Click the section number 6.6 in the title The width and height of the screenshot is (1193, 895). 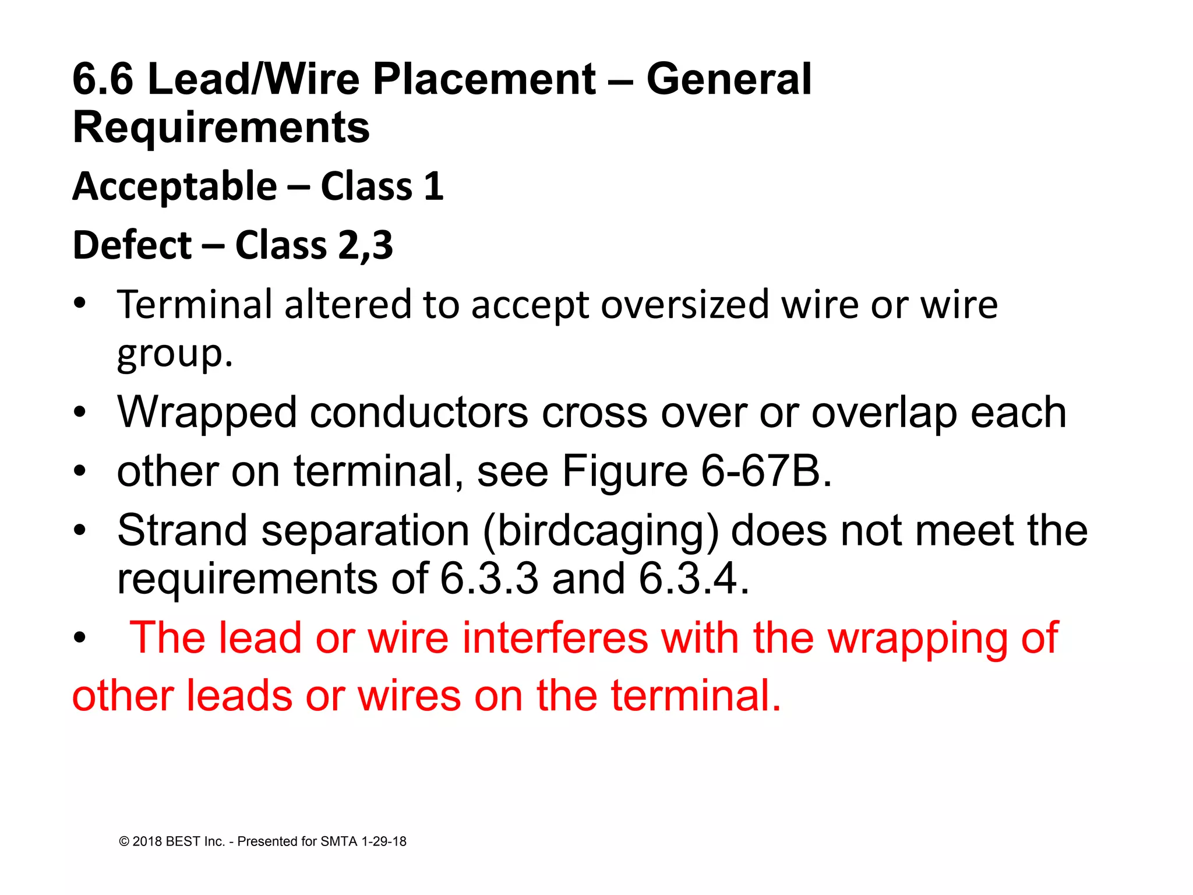tap(103, 79)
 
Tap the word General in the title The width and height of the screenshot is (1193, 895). tap(729, 79)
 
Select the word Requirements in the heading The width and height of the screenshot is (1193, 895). tap(221, 128)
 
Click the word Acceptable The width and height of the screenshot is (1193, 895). tap(175, 186)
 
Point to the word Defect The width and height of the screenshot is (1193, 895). tap(132, 245)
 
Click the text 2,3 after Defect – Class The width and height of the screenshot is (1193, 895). tap(365, 245)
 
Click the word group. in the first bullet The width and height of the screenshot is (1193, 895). tap(175, 354)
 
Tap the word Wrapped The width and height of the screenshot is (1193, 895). tap(207, 413)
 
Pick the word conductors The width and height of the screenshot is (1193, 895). tap(419, 413)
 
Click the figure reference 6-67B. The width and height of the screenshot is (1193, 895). tap(767, 471)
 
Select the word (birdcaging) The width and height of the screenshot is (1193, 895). tap(601, 531)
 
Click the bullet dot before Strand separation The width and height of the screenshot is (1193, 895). tap(80, 531)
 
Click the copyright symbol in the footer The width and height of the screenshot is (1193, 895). tap(123, 841)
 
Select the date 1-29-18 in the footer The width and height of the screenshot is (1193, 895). tap(384, 841)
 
